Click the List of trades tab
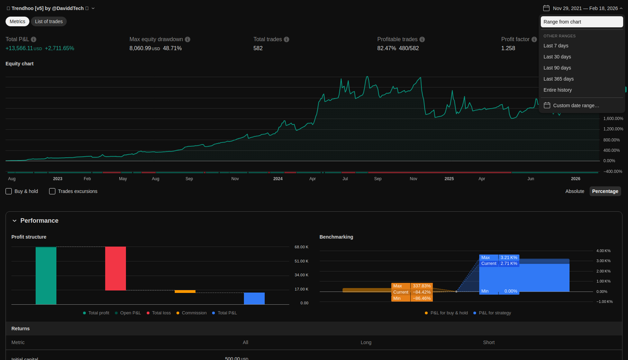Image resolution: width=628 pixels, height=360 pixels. pyautogui.click(x=49, y=21)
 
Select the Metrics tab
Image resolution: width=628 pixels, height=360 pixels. pyautogui.click(x=17, y=21)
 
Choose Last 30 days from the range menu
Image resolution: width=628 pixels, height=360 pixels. pyautogui.click(x=557, y=57)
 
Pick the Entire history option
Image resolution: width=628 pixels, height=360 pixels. pyautogui.click(x=557, y=90)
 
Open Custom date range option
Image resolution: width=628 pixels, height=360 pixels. pyautogui.click(x=576, y=105)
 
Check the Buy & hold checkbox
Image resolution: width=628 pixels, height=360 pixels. pyautogui.click(x=9, y=191)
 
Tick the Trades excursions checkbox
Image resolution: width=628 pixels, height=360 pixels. pyautogui.click(x=52, y=191)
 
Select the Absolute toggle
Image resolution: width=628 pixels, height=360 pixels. pyautogui.click(x=575, y=191)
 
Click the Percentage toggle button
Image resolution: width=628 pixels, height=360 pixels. pyautogui.click(x=605, y=191)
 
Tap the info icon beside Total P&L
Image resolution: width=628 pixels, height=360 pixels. pyautogui.click(x=34, y=39)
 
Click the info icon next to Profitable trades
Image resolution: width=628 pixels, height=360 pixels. pyautogui.click(x=422, y=39)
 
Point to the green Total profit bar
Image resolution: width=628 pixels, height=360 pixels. pyautogui.click(x=46, y=276)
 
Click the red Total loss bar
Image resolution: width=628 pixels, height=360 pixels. pyautogui.click(x=116, y=268)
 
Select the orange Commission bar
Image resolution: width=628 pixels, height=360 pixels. pyautogui.click(x=185, y=292)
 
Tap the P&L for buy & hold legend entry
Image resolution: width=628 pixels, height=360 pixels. pyautogui.click(x=449, y=313)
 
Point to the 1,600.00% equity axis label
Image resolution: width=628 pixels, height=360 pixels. pyautogui.click(x=613, y=119)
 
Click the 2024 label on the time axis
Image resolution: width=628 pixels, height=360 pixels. pyautogui.click(x=278, y=179)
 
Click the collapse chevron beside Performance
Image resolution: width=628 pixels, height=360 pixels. pyautogui.click(x=15, y=221)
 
